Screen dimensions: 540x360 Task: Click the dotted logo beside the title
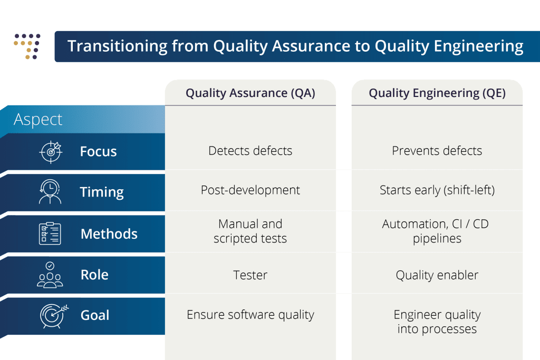27,46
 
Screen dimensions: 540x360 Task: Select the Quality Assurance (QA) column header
250,93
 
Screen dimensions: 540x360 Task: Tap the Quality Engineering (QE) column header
437,93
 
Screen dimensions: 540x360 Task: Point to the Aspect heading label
38,120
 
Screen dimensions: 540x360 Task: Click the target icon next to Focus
50,152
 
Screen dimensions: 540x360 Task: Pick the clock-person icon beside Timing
50,191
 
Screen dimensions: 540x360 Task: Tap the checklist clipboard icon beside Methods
50,233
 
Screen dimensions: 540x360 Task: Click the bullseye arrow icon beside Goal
54,316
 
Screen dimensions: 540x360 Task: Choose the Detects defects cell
250,151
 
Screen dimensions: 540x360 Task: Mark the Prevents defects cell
437,151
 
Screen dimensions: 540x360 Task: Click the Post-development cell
250,190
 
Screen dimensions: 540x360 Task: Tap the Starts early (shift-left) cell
437,190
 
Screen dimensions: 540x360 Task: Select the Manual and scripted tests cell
250,231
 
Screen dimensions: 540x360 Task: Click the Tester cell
250,275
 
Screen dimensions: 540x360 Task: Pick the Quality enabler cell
437,275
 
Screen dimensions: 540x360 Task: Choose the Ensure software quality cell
250,315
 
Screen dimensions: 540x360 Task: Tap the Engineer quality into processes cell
437,322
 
